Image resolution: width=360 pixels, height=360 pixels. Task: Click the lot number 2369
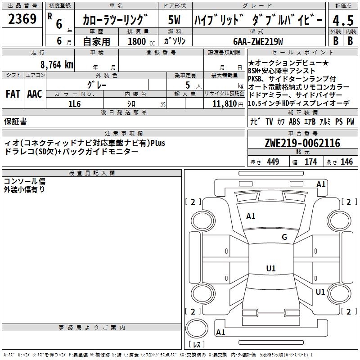(x=22, y=19)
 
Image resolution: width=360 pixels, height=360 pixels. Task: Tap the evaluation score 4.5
(x=342, y=21)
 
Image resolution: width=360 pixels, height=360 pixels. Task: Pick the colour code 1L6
(x=74, y=103)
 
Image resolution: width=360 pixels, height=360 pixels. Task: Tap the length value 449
(x=273, y=162)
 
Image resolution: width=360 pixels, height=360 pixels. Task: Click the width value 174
(x=310, y=162)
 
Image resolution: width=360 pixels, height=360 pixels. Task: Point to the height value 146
(x=346, y=162)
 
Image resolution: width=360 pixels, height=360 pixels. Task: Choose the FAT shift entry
(x=13, y=94)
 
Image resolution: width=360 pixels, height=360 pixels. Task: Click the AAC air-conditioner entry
(x=35, y=94)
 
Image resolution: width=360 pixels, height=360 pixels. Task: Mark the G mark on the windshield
(x=284, y=237)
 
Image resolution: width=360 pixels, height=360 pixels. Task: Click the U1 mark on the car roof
(x=270, y=269)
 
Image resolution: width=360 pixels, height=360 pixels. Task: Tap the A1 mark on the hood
(x=251, y=216)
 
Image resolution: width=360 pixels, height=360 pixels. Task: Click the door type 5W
(x=175, y=20)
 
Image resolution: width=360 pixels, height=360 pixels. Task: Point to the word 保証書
(x=15, y=121)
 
